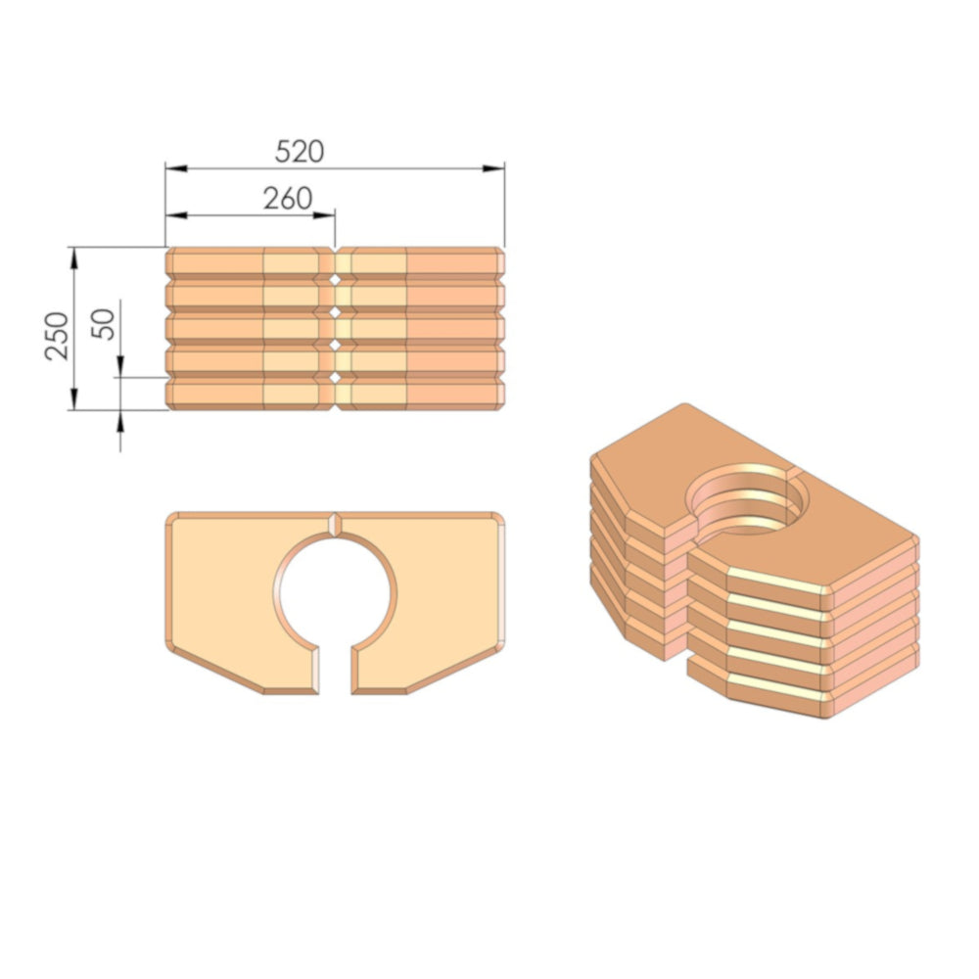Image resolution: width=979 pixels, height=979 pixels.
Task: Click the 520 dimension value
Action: point(300,152)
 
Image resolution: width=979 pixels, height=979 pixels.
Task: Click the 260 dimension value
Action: point(288,199)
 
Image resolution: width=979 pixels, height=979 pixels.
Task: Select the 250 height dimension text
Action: point(57,336)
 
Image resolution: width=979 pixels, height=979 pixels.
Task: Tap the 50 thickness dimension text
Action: point(104,324)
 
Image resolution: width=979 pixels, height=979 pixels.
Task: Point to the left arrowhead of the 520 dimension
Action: point(176,168)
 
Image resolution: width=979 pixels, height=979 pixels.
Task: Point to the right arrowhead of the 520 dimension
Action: point(493,168)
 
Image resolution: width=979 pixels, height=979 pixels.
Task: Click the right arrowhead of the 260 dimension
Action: point(324,215)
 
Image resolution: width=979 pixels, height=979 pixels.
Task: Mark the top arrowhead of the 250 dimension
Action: point(74,257)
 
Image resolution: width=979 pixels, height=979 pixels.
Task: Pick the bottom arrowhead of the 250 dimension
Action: point(74,399)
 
